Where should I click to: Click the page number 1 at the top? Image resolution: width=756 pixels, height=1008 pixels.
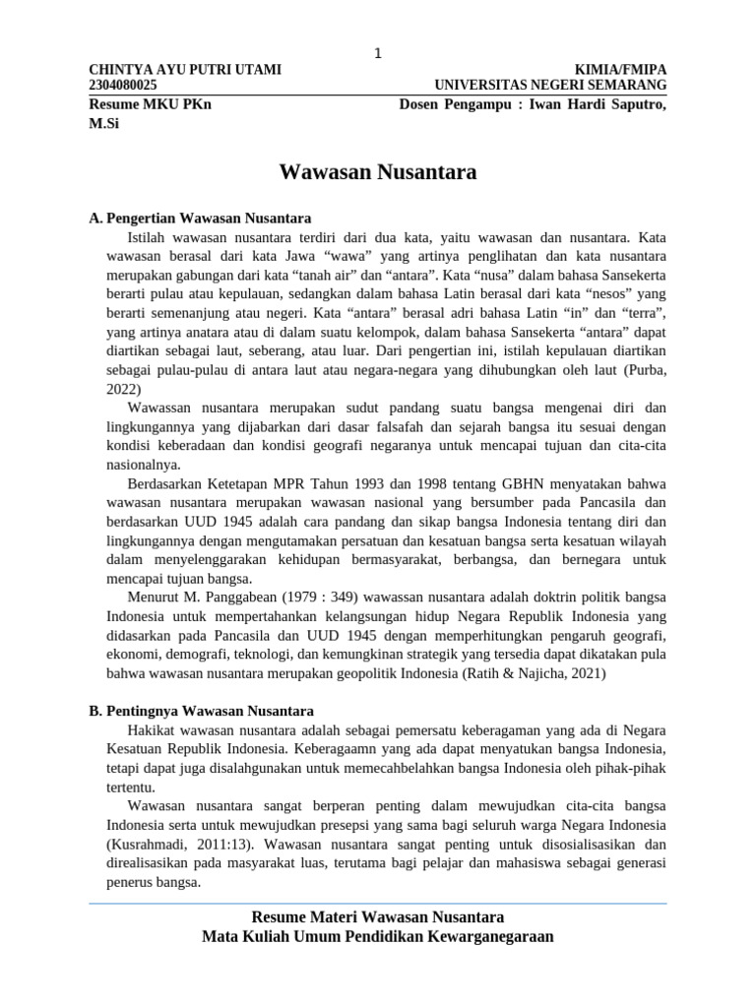[x=377, y=53]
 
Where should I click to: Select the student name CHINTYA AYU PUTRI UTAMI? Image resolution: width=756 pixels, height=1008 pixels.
[x=185, y=70]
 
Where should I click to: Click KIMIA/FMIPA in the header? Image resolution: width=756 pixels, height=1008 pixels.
[x=626, y=70]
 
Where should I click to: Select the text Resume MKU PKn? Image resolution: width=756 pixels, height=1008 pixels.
[x=150, y=105]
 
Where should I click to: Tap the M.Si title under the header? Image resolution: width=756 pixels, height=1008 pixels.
[x=103, y=124]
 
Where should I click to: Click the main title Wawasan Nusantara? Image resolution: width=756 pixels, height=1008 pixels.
[x=378, y=173]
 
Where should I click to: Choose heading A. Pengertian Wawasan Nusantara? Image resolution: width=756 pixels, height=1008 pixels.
[x=200, y=219]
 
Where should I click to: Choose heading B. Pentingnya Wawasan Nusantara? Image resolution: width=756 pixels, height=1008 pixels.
[x=201, y=711]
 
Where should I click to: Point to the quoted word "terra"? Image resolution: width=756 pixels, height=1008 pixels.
[x=638, y=313]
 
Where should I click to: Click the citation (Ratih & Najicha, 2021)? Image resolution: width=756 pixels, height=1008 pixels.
[x=533, y=673]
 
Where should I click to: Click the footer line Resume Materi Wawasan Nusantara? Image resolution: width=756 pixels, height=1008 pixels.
[x=378, y=917]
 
